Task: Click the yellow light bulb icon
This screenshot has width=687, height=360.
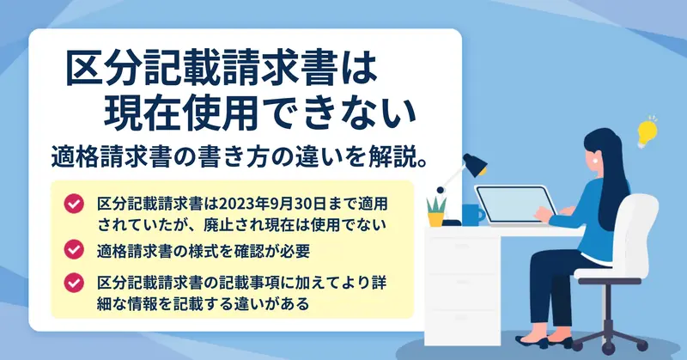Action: pyautogui.click(x=647, y=132)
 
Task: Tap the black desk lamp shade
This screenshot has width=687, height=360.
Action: pyautogui.click(x=475, y=164)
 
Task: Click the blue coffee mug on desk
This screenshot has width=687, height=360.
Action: pyautogui.click(x=473, y=215)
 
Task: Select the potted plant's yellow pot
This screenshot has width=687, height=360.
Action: pyautogui.click(x=436, y=219)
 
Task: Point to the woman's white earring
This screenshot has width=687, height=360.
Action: pyautogui.click(x=596, y=161)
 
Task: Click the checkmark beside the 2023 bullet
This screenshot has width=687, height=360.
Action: pyautogui.click(x=74, y=204)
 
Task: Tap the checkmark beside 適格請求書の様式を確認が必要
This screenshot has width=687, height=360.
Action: pyautogui.click(x=74, y=249)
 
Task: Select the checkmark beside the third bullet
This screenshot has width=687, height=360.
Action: pyautogui.click(x=74, y=283)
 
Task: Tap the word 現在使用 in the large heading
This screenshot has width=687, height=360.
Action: pyautogui.click(x=180, y=113)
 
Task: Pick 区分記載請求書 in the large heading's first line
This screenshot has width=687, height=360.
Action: pyautogui.click(x=203, y=69)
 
